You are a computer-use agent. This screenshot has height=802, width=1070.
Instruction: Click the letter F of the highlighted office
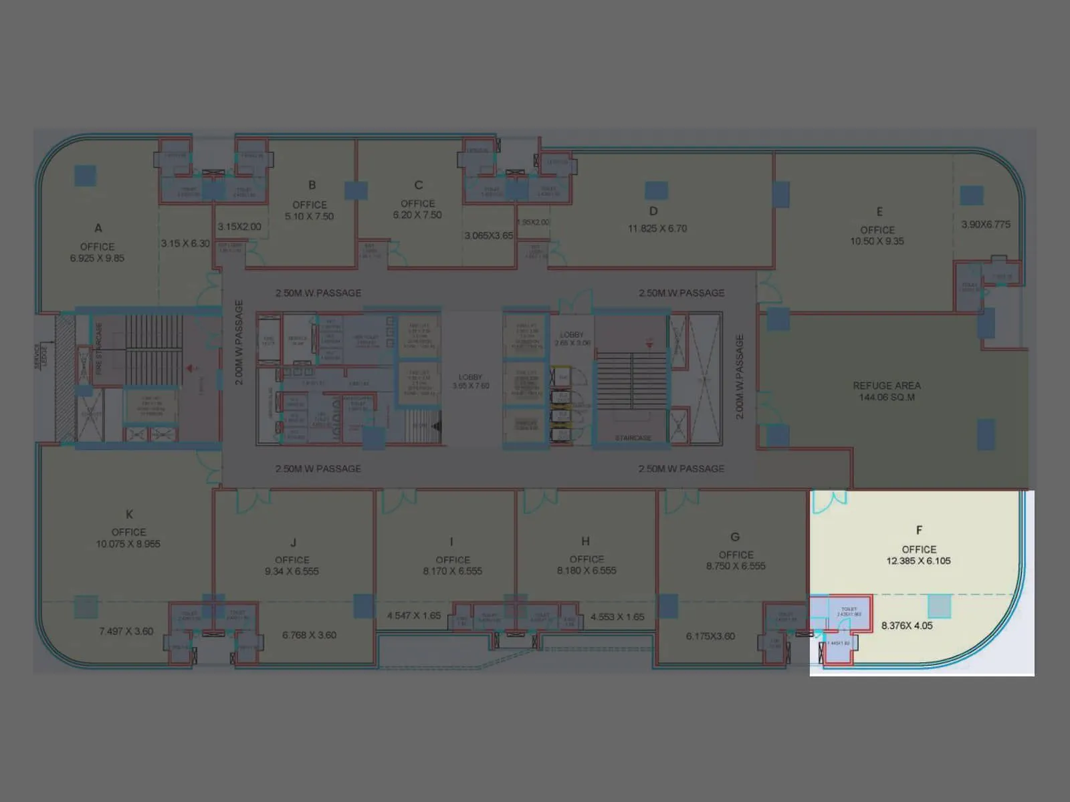tap(919, 530)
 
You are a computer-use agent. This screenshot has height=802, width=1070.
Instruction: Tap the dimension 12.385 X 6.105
tap(918, 561)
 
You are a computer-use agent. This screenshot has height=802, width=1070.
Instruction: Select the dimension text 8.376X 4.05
tap(906, 626)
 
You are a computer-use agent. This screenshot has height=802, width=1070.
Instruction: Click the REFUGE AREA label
tap(887, 386)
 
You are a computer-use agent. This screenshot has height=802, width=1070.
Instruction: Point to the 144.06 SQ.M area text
tap(887, 397)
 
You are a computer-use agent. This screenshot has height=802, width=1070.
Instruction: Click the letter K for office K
tap(129, 514)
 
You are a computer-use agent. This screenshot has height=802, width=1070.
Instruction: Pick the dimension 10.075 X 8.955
tap(128, 544)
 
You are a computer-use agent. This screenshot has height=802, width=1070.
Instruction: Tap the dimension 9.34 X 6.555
tap(292, 571)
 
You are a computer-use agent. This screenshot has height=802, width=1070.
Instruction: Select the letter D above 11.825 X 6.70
tap(653, 211)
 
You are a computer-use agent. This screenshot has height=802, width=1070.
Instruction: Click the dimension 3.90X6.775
tap(986, 225)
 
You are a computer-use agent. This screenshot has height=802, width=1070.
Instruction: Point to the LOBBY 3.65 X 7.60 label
tap(471, 381)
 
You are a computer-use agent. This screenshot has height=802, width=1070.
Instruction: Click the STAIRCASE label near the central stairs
tap(633, 438)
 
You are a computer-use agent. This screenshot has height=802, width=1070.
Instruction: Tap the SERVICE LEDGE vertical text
tap(41, 356)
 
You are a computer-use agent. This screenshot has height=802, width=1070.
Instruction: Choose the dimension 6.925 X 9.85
tap(97, 258)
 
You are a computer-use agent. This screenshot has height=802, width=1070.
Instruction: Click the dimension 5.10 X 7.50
tap(309, 217)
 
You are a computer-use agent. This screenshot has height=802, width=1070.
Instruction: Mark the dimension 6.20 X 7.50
tap(417, 215)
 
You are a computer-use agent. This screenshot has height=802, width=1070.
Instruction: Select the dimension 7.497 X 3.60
tap(126, 631)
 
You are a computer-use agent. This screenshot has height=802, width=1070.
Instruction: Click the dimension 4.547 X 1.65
tap(413, 616)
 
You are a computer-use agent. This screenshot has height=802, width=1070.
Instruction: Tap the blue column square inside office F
tap(939, 606)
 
